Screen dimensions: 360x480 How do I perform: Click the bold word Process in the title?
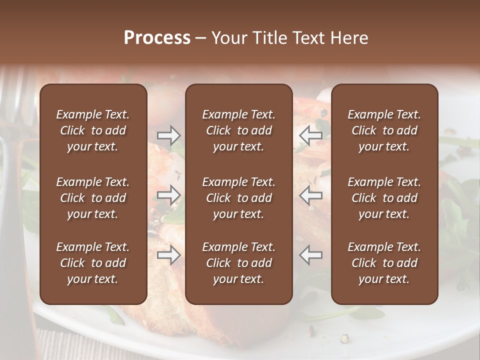(157, 38)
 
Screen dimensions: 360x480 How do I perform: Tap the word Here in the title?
(349, 38)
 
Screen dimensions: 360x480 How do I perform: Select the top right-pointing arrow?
(168, 135)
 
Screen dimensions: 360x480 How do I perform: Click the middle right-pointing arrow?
(168, 195)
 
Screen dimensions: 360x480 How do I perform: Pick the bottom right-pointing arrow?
(168, 255)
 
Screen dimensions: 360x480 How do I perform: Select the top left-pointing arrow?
(310, 135)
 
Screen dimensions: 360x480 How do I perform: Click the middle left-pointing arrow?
(310, 195)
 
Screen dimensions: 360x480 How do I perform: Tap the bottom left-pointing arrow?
(310, 255)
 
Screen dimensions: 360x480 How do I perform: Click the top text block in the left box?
(93, 130)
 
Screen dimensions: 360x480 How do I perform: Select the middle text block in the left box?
(93, 198)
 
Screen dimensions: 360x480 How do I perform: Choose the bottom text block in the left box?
(93, 263)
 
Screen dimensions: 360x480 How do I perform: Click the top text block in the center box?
(238, 130)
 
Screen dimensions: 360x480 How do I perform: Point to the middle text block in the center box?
(238, 198)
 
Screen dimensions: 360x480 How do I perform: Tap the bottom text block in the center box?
(238, 263)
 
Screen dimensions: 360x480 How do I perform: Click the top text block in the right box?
(384, 130)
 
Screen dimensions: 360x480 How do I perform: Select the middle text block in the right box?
(384, 198)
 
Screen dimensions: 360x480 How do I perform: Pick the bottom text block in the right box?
(384, 263)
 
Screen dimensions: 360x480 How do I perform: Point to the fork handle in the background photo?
(12, 225)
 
